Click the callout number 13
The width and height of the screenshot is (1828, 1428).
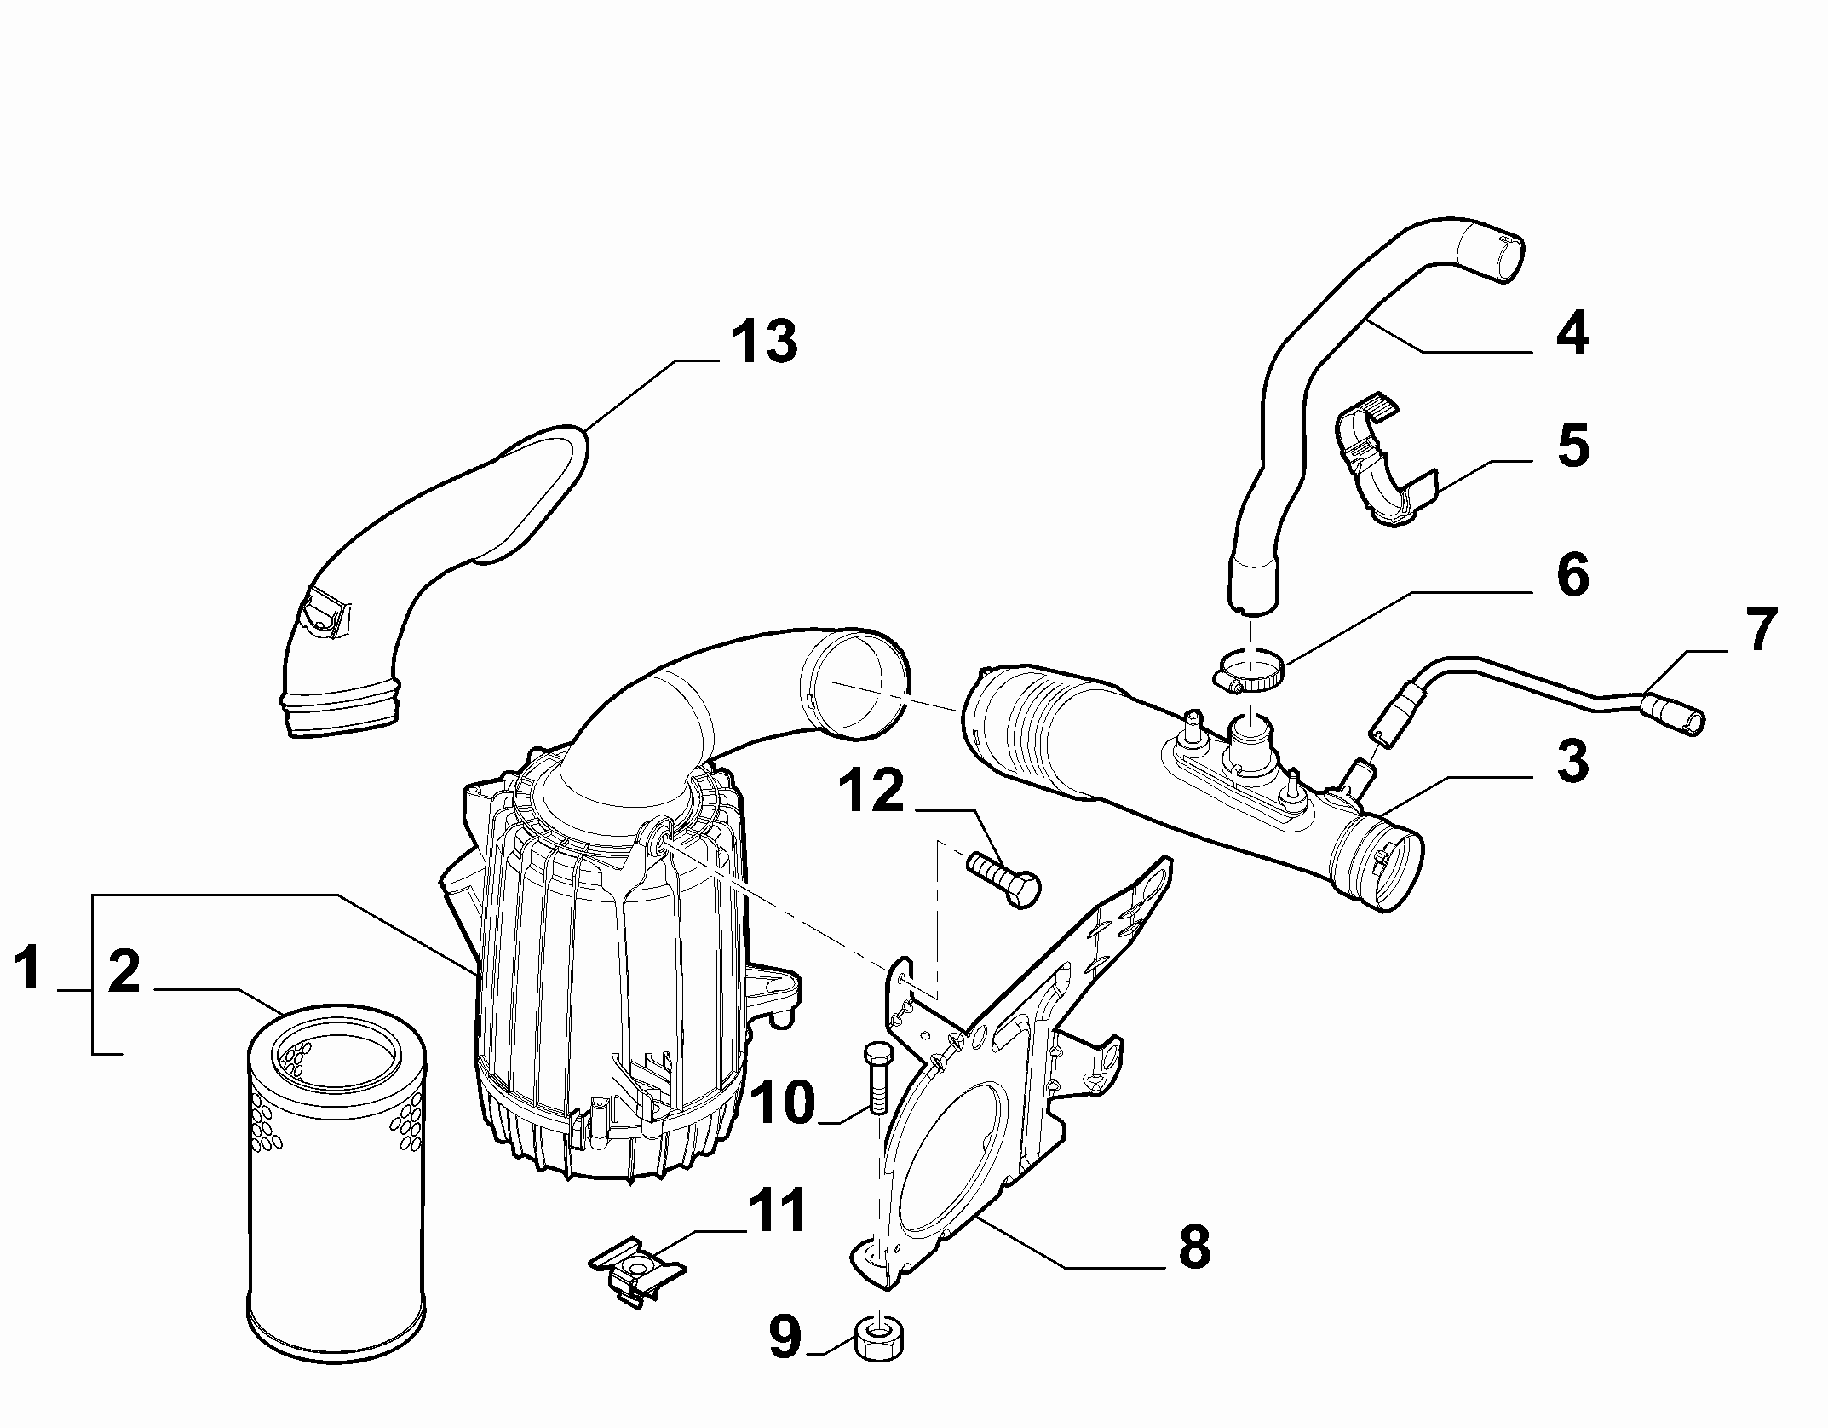765,343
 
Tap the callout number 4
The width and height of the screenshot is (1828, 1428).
1572,333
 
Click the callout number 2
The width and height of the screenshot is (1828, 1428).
124,972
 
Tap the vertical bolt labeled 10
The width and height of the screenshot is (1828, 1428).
877,1078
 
